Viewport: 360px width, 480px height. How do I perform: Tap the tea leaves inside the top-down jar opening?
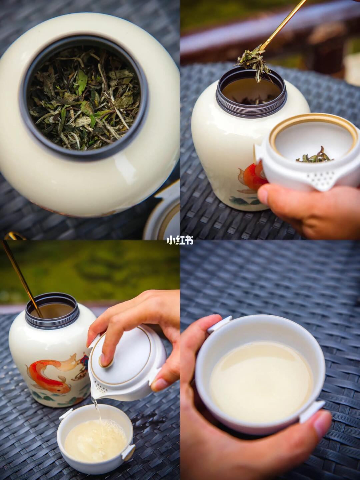pyautogui.click(x=84, y=98)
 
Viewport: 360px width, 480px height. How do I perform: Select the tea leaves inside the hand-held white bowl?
pyautogui.click(x=315, y=156)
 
